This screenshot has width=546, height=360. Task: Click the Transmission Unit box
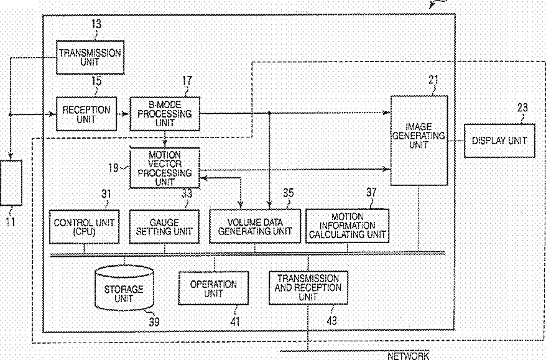pyautogui.click(x=90, y=57)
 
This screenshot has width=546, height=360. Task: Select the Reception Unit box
pyautogui.click(x=86, y=113)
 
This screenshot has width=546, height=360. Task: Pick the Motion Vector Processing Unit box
pyautogui.click(x=164, y=167)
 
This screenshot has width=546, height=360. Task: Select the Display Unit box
pyautogui.click(x=499, y=140)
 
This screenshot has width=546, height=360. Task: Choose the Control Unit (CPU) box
pyautogui.click(x=84, y=226)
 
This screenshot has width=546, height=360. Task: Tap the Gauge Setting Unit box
pyautogui.click(x=164, y=226)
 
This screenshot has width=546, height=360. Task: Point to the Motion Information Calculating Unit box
pyautogui.click(x=347, y=226)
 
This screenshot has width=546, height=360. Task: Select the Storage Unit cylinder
pyautogui.click(x=124, y=289)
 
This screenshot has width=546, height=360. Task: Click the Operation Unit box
pyautogui.click(x=213, y=288)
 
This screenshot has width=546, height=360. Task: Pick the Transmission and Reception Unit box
pyautogui.click(x=308, y=287)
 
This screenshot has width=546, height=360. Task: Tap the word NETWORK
pyautogui.click(x=408, y=356)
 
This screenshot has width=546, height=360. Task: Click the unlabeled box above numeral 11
pyautogui.click(x=11, y=182)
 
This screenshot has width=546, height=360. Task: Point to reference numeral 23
pyautogui.click(x=522, y=107)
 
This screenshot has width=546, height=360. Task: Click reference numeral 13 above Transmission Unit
pyautogui.click(x=95, y=24)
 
